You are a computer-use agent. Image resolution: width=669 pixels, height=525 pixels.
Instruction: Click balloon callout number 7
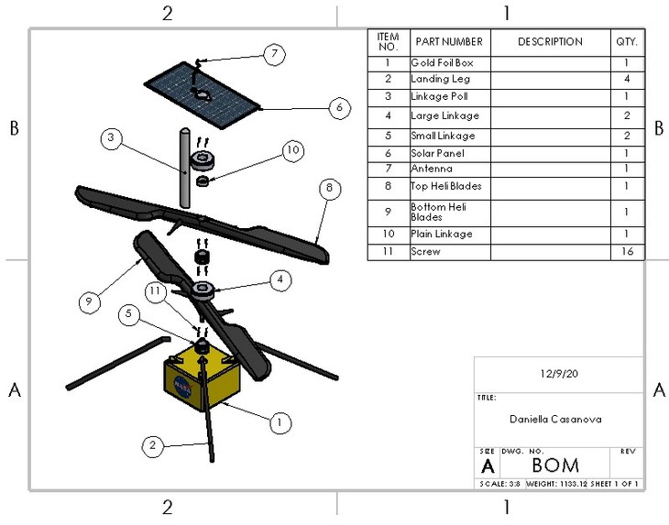click(x=272, y=54)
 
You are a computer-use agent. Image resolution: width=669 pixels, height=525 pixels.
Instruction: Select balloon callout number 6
click(x=338, y=107)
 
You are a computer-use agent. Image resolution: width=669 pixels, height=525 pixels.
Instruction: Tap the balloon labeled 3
click(x=111, y=138)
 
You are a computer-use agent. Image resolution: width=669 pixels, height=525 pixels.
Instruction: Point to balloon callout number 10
click(x=291, y=151)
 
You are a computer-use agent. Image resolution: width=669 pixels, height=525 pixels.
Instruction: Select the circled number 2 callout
click(x=153, y=446)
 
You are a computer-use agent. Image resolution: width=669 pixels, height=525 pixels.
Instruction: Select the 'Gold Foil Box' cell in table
click(x=448, y=63)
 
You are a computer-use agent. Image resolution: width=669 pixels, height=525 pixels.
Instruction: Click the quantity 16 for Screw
click(x=626, y=251)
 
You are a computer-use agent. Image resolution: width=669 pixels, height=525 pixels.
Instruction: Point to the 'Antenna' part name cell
click(x=448, y=170)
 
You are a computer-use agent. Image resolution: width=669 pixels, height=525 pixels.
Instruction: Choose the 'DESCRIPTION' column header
click(x=550, y=42)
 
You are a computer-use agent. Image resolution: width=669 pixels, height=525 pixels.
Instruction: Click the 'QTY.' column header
click(x=626, y=42)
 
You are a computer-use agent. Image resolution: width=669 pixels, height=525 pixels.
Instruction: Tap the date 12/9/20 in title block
click(x=557, y=374)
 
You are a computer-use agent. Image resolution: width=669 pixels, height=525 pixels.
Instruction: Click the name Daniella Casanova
click(x=557, y=419)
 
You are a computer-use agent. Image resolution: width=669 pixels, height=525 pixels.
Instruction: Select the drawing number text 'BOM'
click(x=555, y=465)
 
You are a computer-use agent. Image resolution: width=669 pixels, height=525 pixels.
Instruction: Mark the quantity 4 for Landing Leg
click(x=626, y=80)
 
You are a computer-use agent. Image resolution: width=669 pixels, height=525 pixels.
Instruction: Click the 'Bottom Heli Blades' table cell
click(x=448, y=212)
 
